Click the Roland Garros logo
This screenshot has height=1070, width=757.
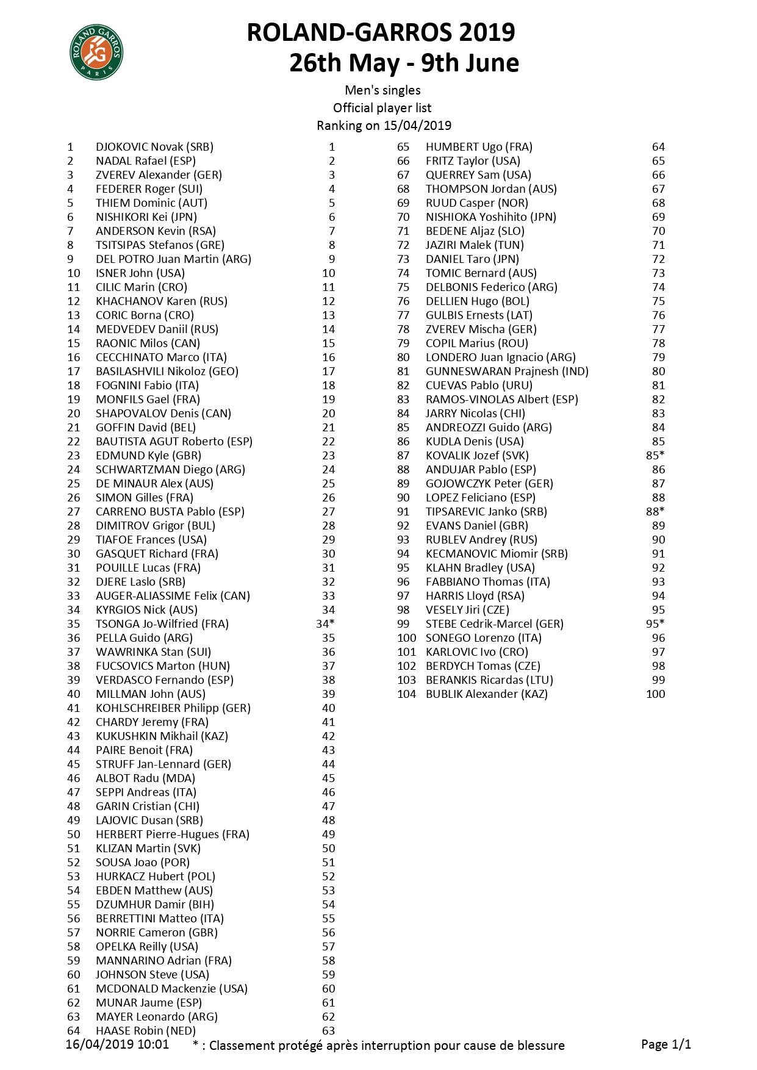[96, 53]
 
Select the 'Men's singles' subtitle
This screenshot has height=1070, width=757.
[382, 90]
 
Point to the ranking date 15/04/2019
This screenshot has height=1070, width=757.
[417, 126]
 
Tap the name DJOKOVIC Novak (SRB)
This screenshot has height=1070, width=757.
[154, 147]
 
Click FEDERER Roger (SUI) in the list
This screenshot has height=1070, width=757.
[149, 189]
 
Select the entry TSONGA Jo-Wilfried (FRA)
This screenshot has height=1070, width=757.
[162, 624]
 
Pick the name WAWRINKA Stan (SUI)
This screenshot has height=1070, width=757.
[153, 652]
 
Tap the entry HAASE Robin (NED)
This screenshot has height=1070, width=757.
[145, 1031]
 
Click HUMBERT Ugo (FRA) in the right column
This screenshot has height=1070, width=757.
[479, 147]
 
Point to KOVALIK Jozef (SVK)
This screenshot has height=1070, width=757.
[477, 456]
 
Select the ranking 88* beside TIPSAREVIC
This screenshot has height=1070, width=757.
[655, 512]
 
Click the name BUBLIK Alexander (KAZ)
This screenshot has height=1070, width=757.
[486, 694]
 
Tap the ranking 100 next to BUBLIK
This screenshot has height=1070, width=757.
[655, 694]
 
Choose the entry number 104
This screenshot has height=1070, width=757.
[406, 694]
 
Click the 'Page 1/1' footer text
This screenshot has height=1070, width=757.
[666, 1044]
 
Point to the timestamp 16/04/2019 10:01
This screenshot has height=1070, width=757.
[117, 1044]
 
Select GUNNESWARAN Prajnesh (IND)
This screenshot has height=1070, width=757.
[507, 372]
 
